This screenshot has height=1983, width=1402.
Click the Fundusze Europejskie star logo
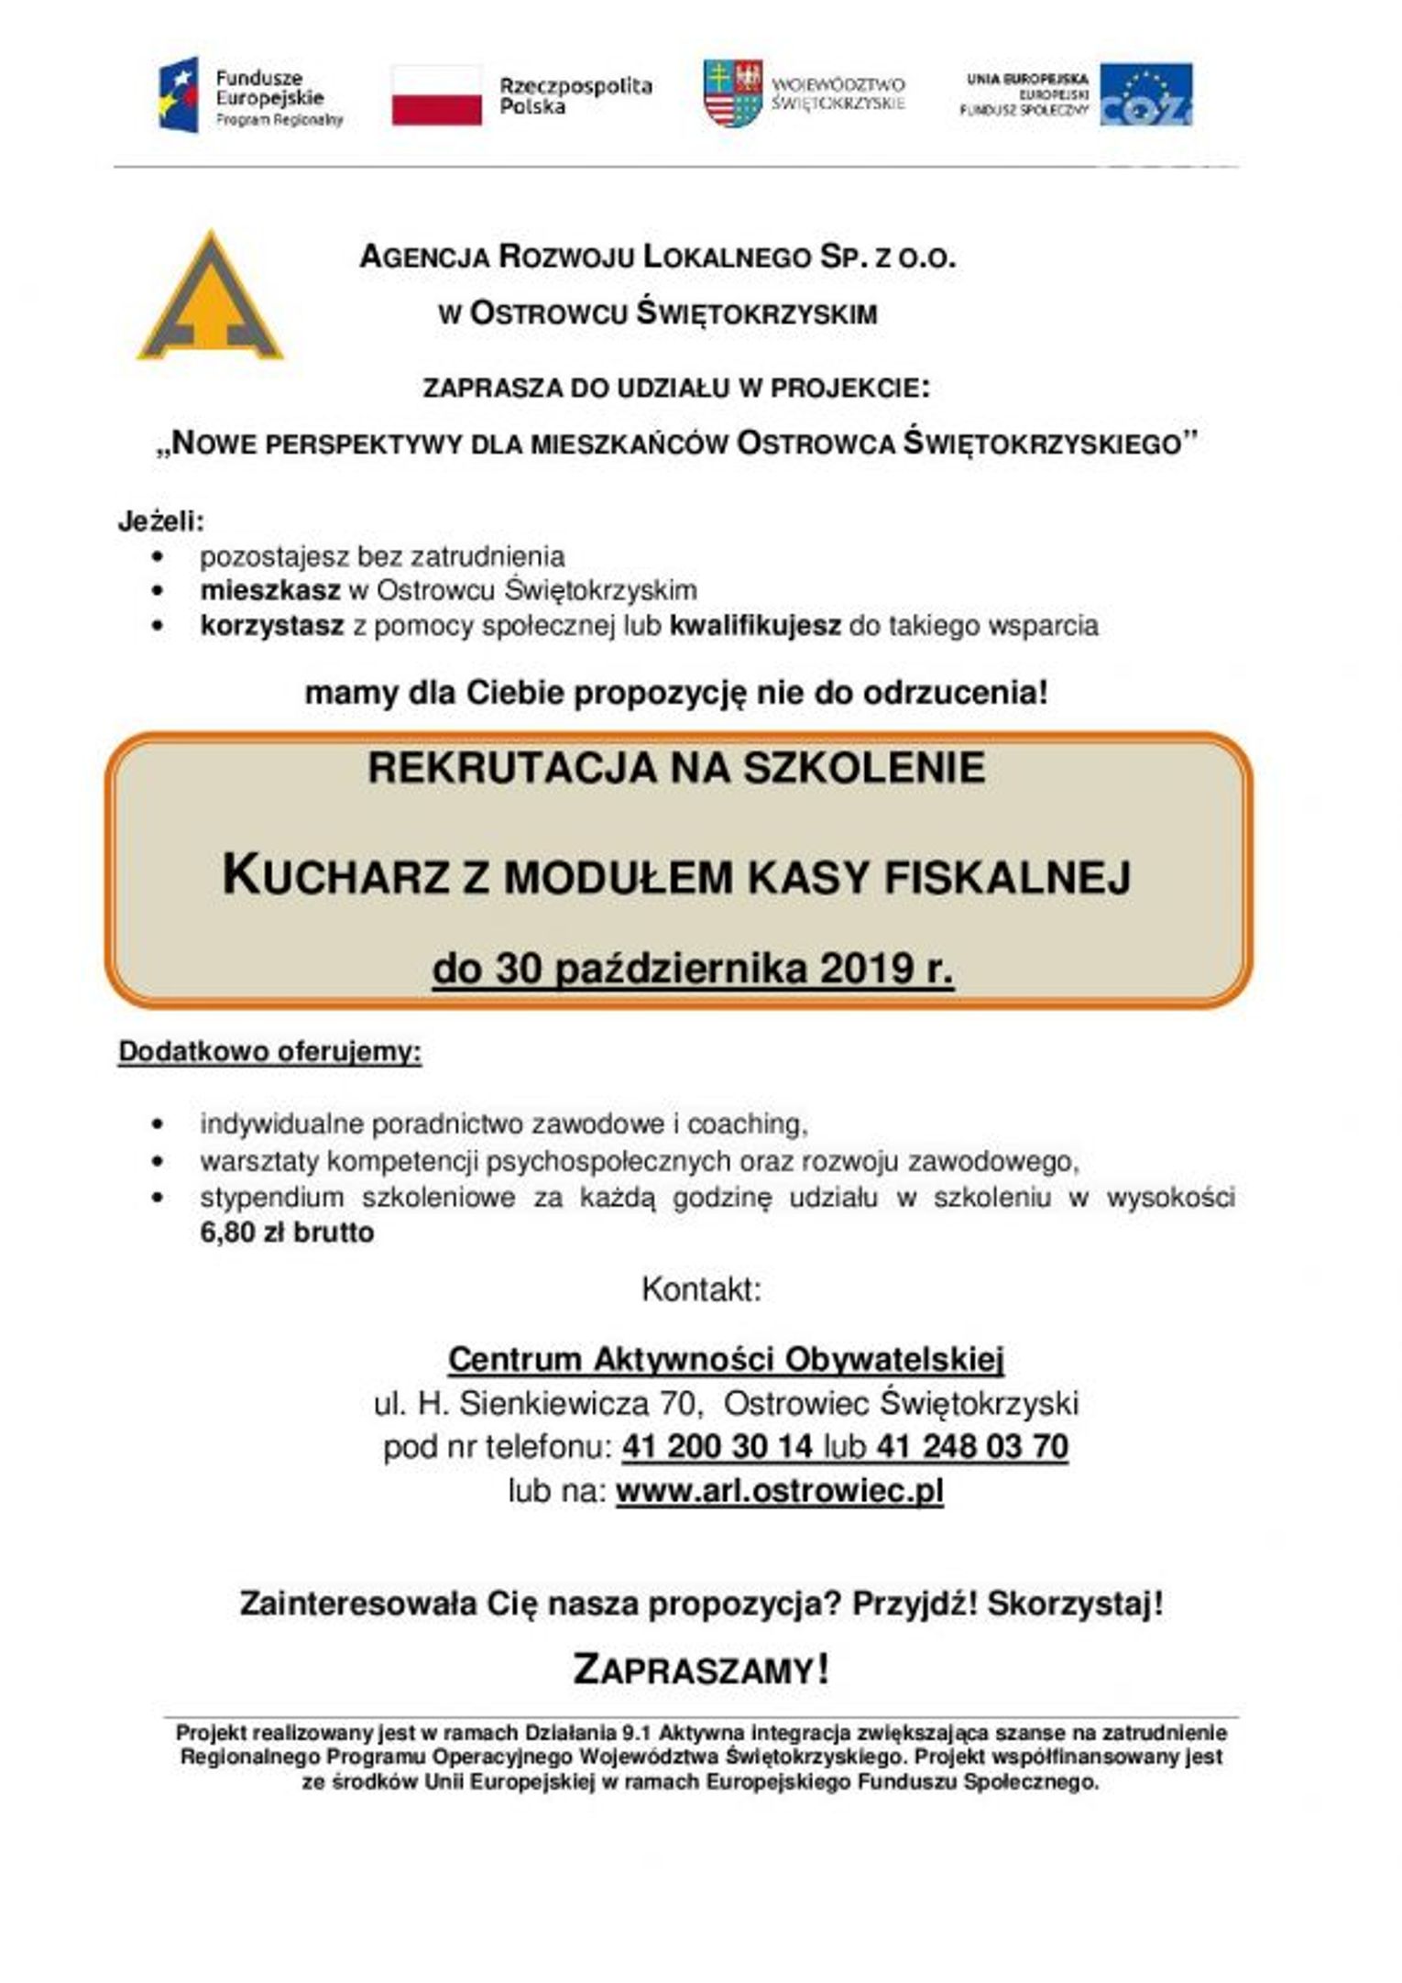[x=180, y=94]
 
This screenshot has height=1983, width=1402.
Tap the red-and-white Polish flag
[x=437, y=95]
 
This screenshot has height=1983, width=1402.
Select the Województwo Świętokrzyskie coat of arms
[x=732, y=93]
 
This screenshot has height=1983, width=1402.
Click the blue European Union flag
[x=1145, y=93]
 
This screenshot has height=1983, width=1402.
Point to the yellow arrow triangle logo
[x=210, y=298]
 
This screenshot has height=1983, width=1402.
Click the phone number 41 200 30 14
[x=717, y=1447]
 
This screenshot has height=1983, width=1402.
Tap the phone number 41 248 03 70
[x=971, y=1447]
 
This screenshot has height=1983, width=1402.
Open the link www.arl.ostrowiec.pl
[x=779, y=1491]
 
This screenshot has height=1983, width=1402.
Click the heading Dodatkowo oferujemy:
[x=269, y=1051]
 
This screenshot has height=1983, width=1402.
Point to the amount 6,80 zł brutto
[x=287, y=1233]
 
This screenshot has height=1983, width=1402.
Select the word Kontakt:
[x=701, y=1289]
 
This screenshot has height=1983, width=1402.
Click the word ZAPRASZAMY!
[x=701, y=1670]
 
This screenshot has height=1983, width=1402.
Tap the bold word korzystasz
[x=272, y=626]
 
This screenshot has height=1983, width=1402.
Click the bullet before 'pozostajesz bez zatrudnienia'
[x=160, y=556]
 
